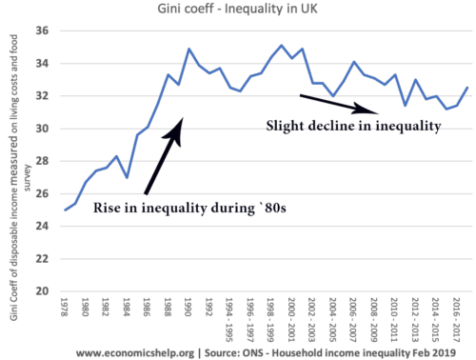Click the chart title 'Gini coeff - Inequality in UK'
pos(238,10)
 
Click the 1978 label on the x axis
pos(65,310)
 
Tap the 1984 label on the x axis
pos(127,310)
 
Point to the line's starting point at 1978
pos(65,210)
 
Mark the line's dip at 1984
pos(127,177)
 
